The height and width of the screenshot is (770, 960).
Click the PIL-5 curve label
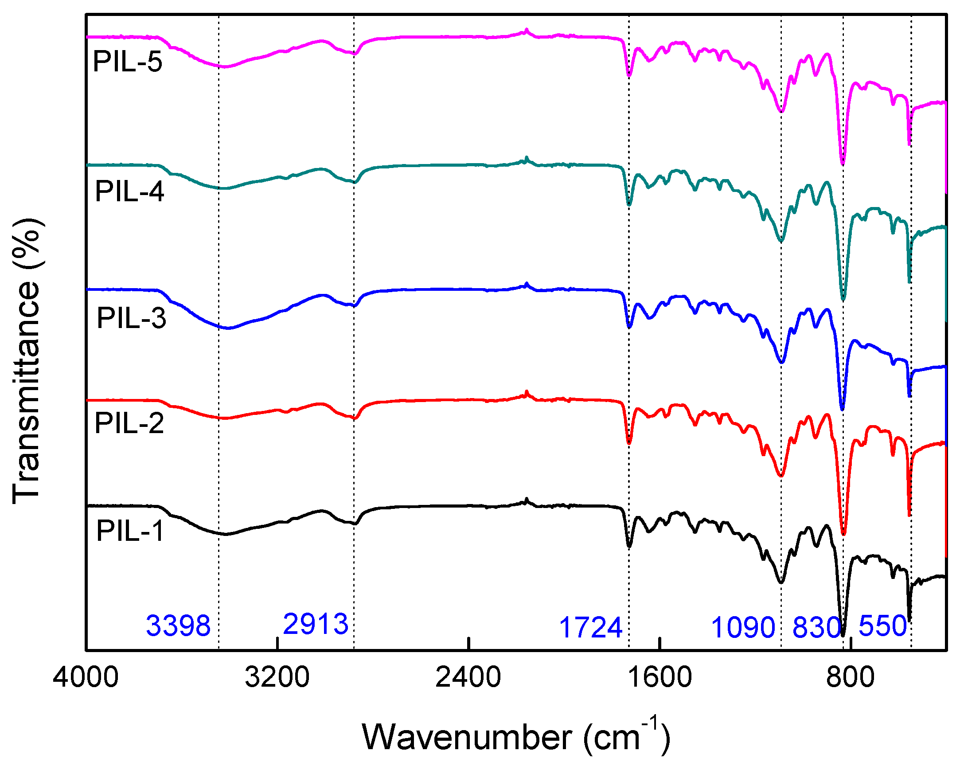click(x=127, y=62)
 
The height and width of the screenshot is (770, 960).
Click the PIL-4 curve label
click(x=129, y=192)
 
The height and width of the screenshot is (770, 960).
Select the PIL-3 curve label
click(x=131, y=318)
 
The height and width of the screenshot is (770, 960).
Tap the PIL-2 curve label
click(x=129, y=422)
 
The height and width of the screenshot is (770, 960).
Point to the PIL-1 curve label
click(x=130, y=531)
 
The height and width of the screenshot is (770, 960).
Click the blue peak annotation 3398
click(x=178, y=626)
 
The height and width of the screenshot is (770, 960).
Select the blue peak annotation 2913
click(x=315, y=624)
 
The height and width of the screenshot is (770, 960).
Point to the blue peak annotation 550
click(x=882, y=626)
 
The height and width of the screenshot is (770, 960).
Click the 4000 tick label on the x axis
click(x=86, y=677)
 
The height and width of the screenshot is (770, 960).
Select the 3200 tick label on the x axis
click(x=277, y=677)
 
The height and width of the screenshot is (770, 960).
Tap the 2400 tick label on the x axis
click(x=468, y=677)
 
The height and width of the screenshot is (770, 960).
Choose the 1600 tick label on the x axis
click(x=660, y=677)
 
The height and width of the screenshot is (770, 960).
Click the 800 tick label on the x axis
click(x=850, y=677)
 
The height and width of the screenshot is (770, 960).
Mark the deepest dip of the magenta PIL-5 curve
click(x=843, y=164)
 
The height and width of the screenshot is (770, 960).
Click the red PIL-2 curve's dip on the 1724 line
click(x=629, y=443)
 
